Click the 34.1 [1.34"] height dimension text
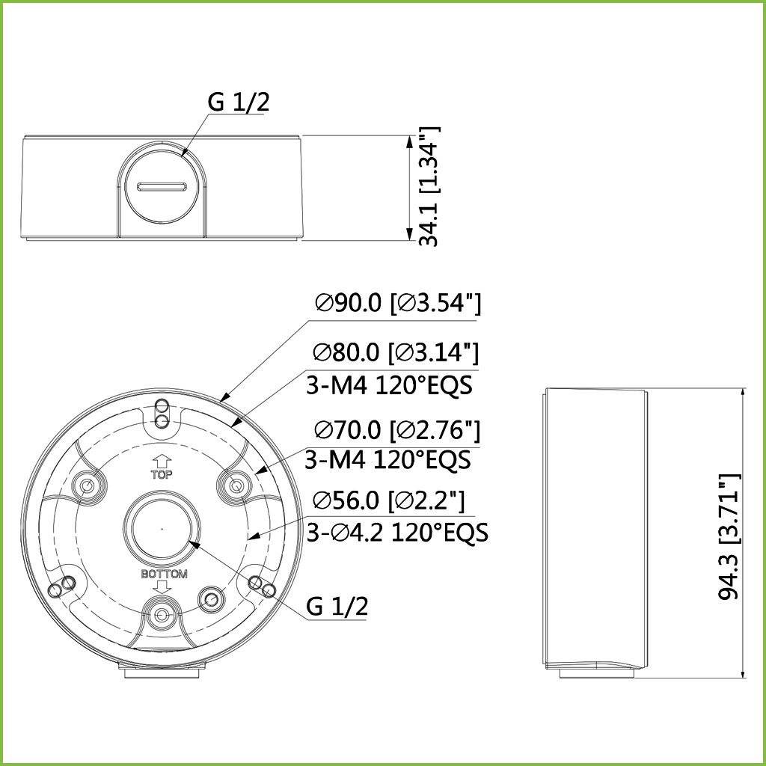429,186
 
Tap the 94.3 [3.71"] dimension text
730,536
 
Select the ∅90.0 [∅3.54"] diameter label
398,304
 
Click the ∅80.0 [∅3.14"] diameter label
396,352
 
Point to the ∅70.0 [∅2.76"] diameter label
397,430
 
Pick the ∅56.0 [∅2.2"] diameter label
389,500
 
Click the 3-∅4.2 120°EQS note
397,532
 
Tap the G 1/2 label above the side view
239,102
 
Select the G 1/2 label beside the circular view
337,606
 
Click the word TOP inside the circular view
162,474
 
